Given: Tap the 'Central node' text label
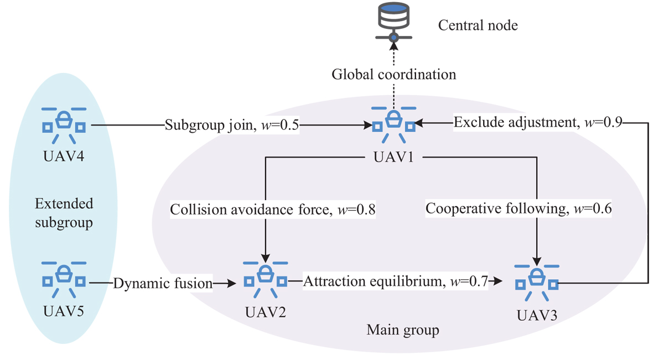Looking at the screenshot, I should pos(478,25).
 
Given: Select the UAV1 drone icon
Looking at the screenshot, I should pos(393,121).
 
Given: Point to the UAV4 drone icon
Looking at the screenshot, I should pos(64,121).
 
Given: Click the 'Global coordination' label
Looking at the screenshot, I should pos(393,74).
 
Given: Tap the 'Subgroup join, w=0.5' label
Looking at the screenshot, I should pos(232,126).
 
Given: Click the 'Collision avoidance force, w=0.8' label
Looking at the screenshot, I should pos(273,210).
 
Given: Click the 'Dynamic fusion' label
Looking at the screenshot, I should pos(163,284).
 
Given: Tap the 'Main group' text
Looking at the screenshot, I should pos(403,331).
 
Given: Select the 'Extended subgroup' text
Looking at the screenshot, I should pos(64,212).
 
